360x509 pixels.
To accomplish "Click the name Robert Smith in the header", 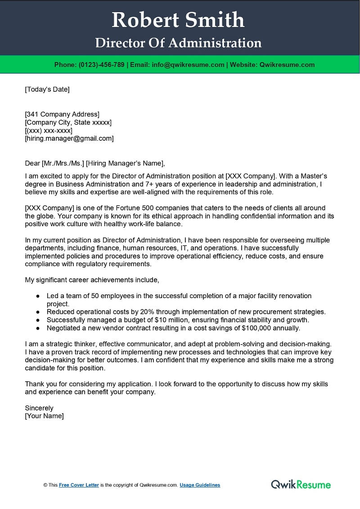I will pyautogui.click(x=178, y=20).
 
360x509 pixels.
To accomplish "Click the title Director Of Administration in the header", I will pyautogui.click(x=178, y=43).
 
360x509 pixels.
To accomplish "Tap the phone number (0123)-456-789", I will pyautogui.click(x=101, y=65).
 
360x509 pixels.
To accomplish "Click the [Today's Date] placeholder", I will pyautogui.click(x=47, y=89).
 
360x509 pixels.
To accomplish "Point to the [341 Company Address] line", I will pyautogui.click(x=62, y=114).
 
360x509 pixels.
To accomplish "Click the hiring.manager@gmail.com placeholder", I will pyautogui.click(x=69, y=138).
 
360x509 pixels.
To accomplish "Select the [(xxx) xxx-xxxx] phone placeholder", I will pyautogui.click(x=49, y=130).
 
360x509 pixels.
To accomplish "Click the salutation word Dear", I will pyautogui.click(x=32, y=163).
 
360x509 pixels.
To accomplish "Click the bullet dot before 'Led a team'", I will pyautogui.click(x=38, y=296).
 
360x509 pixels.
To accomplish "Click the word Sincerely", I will pyautogui.click(x=39, y=408).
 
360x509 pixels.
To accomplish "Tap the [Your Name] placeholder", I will pyautogui.click(x=45, y=416).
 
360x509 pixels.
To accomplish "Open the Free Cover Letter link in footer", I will pyautogui.click(x=79, y=485).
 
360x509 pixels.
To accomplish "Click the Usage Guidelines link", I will pyautogui.click(x=200, y=485).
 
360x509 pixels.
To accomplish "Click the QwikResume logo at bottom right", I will pyautogui.click(x=301, y=484).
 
